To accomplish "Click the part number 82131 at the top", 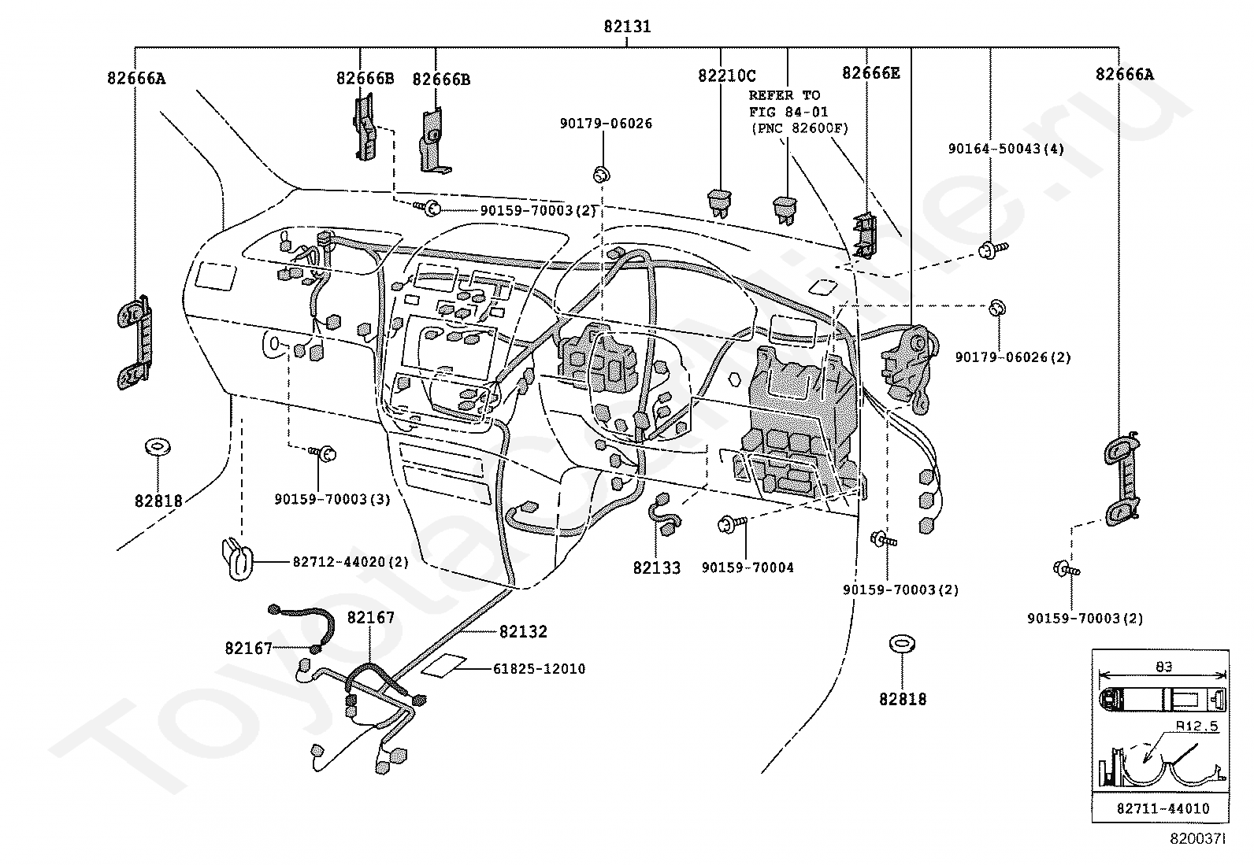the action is (x=627, y=26).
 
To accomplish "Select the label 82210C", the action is (x=727, y=76).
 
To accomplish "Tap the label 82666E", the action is (x=871, y=73).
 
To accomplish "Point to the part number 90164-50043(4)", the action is (x=1006, y=149).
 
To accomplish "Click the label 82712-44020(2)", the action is (x=351, y=562).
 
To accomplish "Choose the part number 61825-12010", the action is (x=539, y=668).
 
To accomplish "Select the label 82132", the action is (x=523, y=632).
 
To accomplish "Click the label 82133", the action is (x=657, y=568).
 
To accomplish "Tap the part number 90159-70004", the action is (x=748, y=567).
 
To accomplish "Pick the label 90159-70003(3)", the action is (x=332, y=499).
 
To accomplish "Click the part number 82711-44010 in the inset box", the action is (x=1163, y=808).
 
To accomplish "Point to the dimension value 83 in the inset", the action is (x=1163, y=667).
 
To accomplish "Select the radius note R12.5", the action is (x=1197, y=726).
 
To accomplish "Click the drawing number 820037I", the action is (x=1197, y=839).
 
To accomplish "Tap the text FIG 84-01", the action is (x=788, y=112).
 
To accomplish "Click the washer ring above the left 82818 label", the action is (x=158, y=446).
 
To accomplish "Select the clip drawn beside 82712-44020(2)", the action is (x=238, y=558).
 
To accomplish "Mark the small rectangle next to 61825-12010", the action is (x=443, y=665).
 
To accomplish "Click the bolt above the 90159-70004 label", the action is (x=732, y=524).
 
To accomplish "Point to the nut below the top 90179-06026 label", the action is (x=602, y=176).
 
